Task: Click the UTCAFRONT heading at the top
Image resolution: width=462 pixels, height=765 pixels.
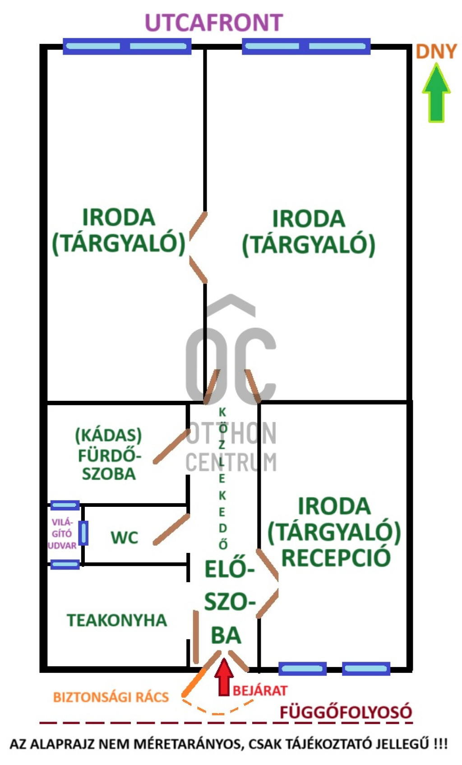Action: pos(214,23)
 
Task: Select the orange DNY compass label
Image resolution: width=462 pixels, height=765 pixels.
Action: pos(436,52)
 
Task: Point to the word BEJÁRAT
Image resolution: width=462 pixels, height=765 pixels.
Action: pos(260,691)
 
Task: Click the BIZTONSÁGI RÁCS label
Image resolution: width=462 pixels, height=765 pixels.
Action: pos(111,697)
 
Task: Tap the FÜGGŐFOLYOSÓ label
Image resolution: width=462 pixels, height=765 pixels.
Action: pos(346,712)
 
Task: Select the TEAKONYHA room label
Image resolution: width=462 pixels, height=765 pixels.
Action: pos(117,621)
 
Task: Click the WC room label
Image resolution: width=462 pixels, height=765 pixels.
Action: pos(124,538)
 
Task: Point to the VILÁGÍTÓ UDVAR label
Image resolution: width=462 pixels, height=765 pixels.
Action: pos(62,534)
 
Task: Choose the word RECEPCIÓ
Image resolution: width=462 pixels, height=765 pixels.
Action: pos(336,558)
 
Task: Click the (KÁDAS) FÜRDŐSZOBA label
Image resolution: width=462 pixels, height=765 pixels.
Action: pos(108,454)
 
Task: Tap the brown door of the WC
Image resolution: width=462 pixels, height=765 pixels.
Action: pos(171,529)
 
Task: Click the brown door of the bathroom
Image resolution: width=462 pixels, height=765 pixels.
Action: pos(171,446)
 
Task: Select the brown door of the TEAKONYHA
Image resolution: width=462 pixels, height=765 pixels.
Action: pos(196,637)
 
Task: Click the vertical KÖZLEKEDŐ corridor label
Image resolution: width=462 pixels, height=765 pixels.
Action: pos(222,478)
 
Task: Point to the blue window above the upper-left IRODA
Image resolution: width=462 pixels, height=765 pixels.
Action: pos(127,46)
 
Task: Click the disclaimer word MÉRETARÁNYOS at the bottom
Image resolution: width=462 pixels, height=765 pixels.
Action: pos(180,744)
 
